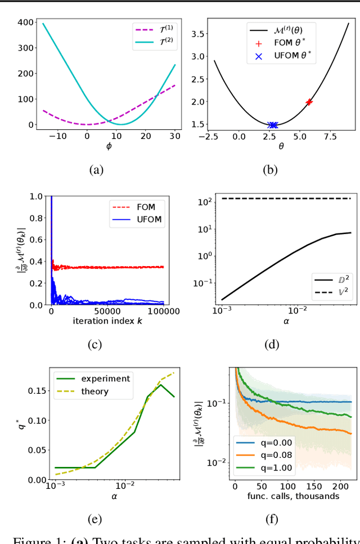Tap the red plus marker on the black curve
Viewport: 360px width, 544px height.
(309, 102)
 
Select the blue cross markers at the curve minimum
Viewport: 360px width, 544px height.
(273, 125)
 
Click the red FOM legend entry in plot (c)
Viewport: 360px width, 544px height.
(143, 207)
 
